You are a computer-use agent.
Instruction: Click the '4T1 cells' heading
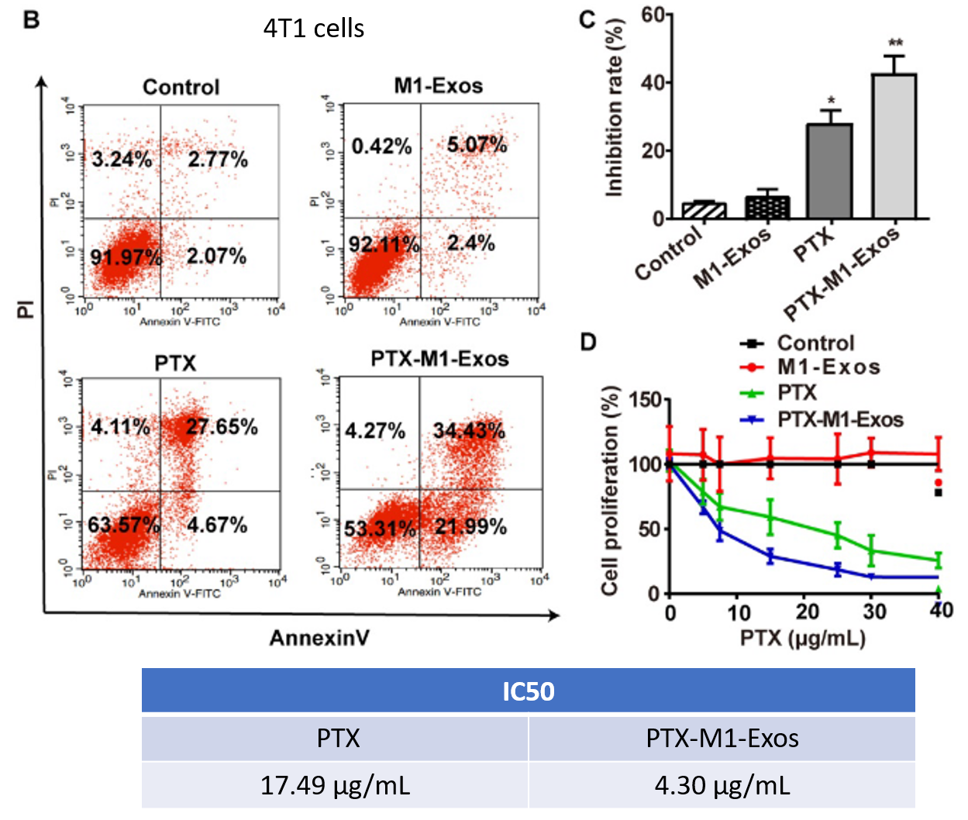coord(314,29)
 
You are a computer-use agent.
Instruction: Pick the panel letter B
coord(32,19)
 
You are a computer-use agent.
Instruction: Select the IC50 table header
coord(528,691)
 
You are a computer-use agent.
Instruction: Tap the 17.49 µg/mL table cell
coord(335,786)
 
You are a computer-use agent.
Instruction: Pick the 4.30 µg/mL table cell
coord(722,786)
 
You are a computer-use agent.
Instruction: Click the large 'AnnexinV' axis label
coord(319,638)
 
